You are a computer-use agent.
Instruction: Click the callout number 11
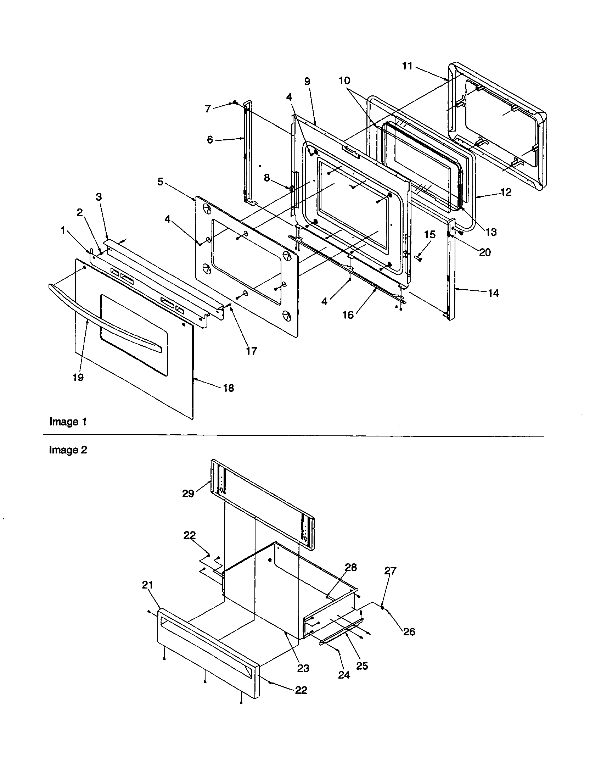coord(407,66)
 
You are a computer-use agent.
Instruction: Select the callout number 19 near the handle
coord(78,377)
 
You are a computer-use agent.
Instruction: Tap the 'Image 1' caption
coord(68,422)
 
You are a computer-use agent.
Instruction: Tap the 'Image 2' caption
coord(68,450)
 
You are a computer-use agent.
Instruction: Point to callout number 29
coord(188,494)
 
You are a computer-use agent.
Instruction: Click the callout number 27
coord(390,571)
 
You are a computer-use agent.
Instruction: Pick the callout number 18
coord(229,388)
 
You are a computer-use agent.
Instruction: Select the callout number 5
coord(160,182)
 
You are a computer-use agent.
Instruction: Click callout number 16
coord(348,314)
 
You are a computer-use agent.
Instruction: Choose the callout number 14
coord(493,293)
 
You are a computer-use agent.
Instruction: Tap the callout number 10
coord(344,80)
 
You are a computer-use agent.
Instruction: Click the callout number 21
coord(147,585)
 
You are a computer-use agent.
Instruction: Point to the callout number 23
coord(303,668)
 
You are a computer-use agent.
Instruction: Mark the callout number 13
coord(491,232)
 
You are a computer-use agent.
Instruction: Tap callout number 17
coord(251,351)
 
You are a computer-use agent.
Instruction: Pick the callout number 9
coord(307,82)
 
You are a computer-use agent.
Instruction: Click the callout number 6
coord(210,140)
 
